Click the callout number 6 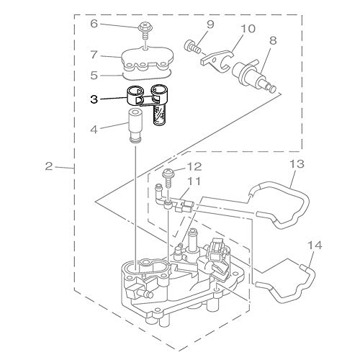[x=94, y=24]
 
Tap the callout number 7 [x=94, y=55]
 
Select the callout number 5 [x=94, y=75]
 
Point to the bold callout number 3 [x=94, y=99]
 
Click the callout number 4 [x=94, y=130]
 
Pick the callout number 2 [x=49, y=166]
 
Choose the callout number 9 [x=210, y=25]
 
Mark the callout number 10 [x=248, y=29]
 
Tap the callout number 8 [x=273, y=40]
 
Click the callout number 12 [x=195, y=166]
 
